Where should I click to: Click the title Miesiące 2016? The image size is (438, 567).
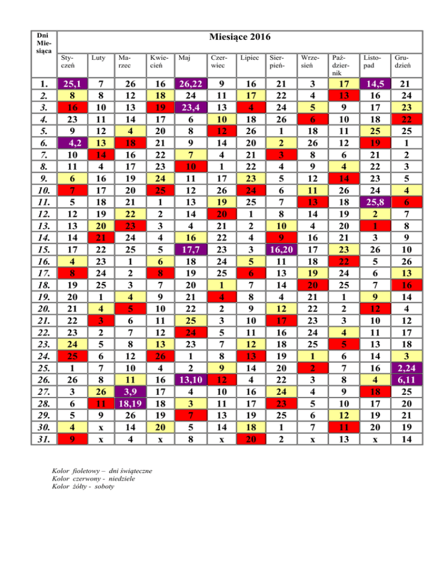coord(240,38)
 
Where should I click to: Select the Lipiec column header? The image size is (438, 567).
coord(249,58)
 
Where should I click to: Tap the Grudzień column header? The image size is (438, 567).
coord(402,61)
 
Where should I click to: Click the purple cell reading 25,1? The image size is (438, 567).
coord(71,84)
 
